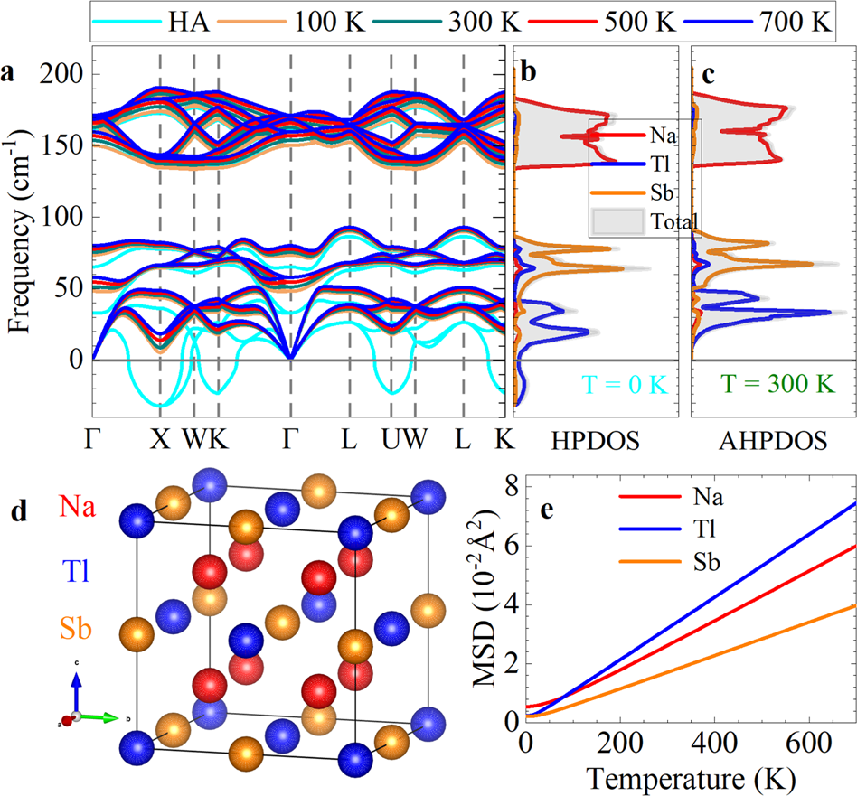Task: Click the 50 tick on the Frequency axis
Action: pos(72,287)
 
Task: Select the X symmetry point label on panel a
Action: pos(160,440)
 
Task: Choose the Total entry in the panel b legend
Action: pos(669,220)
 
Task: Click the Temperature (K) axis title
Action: pos(691,775)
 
